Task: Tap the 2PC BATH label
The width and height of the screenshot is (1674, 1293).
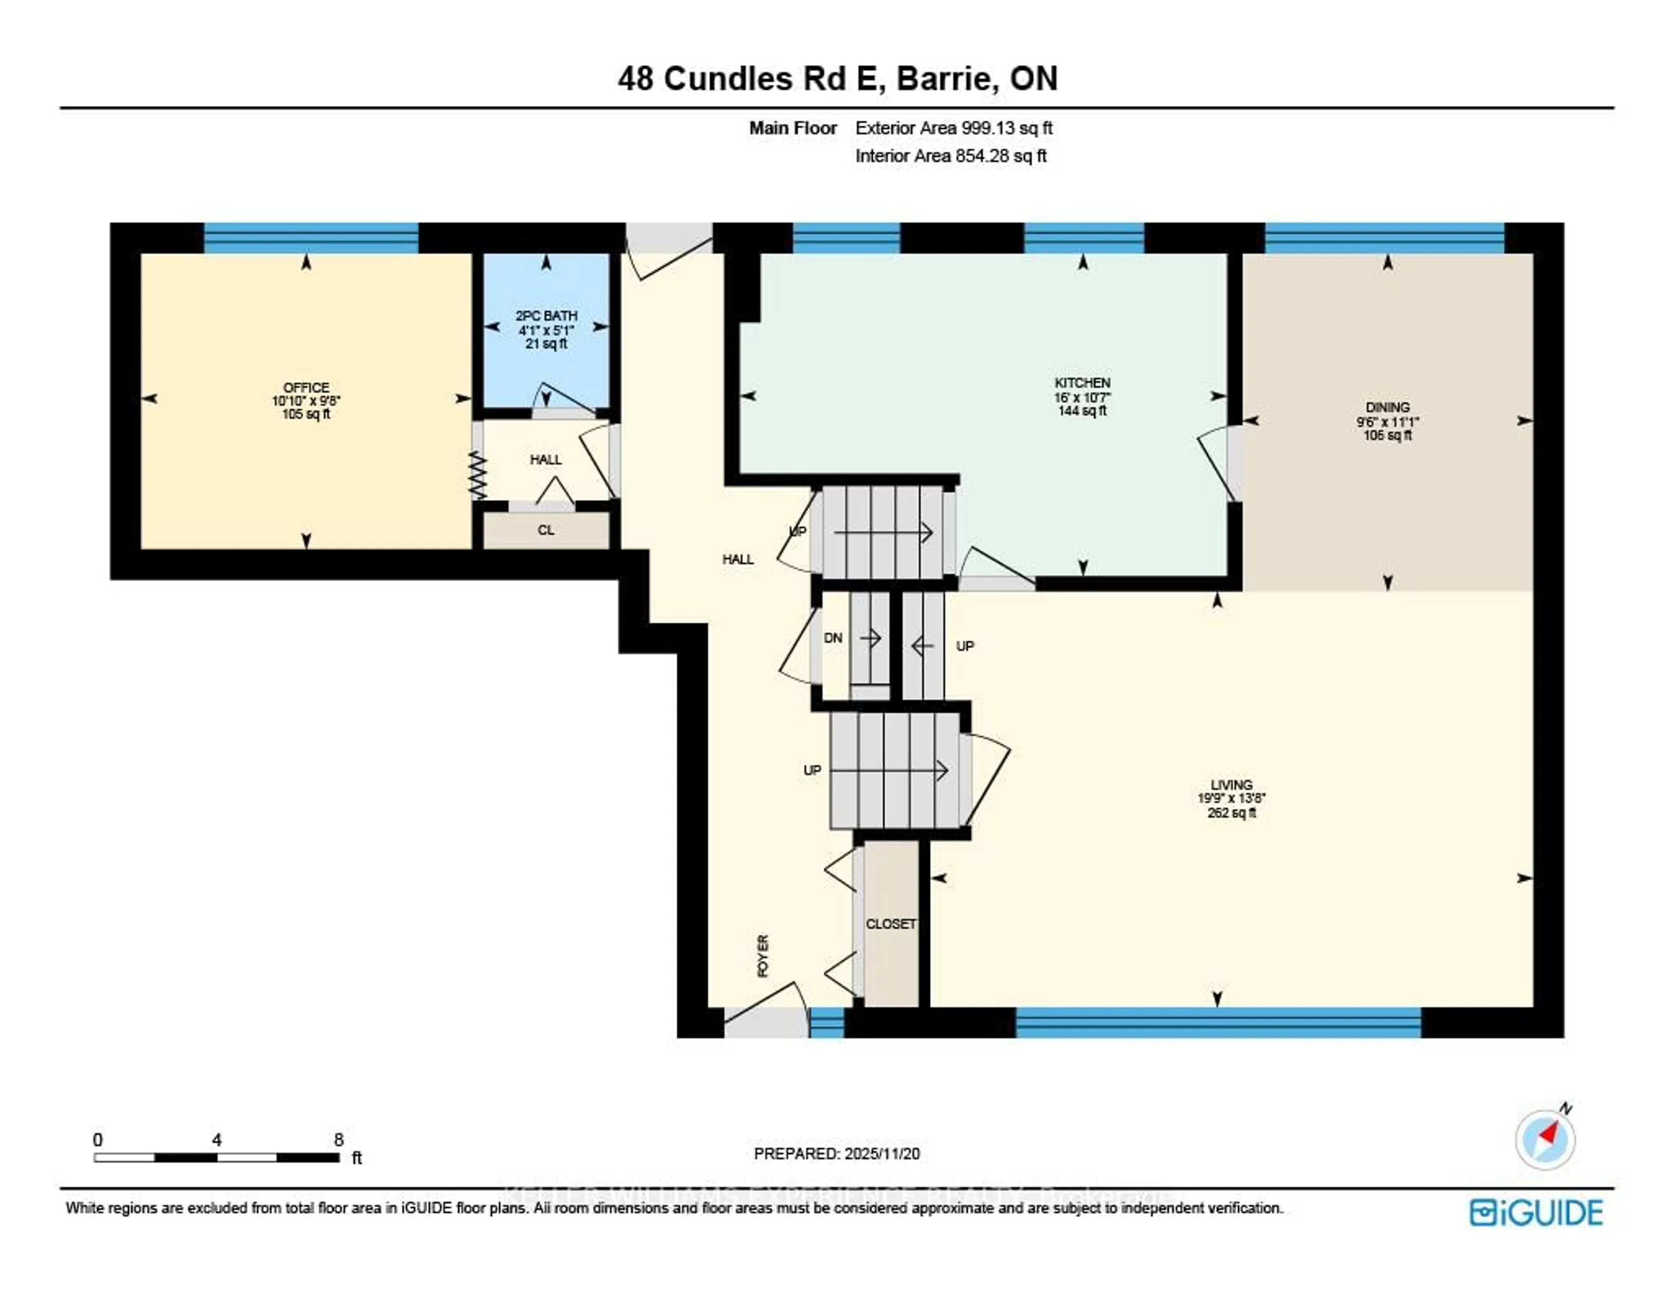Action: coord(546,316)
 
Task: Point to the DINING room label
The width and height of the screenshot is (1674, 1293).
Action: coord(1387,408)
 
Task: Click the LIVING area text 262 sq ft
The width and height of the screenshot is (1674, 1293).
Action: coord(1231,813)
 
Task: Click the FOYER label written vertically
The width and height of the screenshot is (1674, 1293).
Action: coord(762,956)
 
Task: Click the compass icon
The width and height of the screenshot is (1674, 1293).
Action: coord(1545,1140)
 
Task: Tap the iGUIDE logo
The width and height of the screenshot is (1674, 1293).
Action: coord(1535,1212)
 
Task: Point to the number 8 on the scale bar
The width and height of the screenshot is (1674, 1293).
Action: coord(338,1140)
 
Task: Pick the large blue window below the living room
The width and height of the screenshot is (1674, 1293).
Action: coord(1218,1022)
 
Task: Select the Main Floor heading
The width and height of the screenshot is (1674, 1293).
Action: coord(793,128)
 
